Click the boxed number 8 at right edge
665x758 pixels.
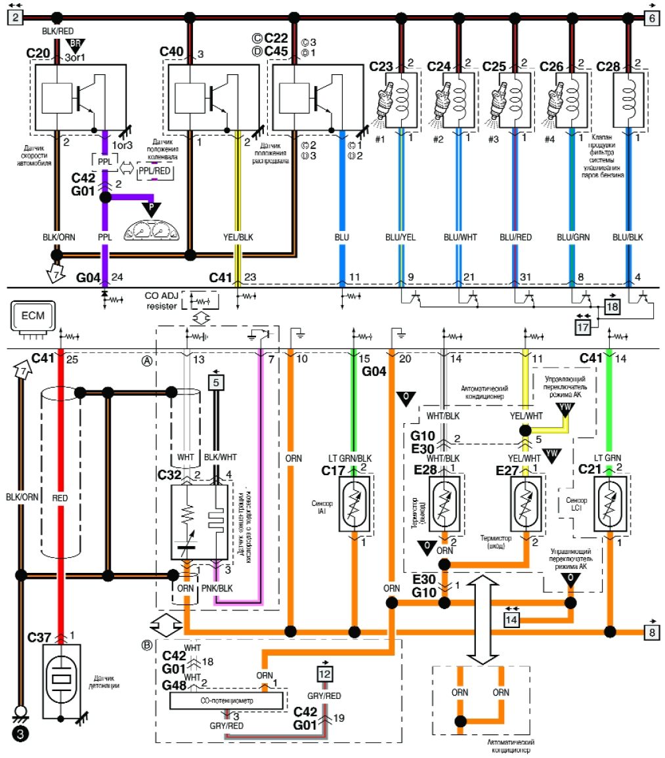[651, 633]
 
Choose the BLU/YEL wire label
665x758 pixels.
[402, 234]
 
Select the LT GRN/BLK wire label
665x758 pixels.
[351, 458]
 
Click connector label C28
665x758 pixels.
[607, 67]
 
